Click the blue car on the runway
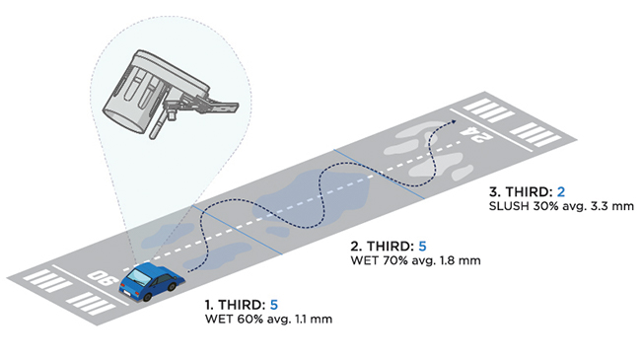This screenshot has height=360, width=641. [151, 281]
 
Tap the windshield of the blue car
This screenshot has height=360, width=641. [140, 277]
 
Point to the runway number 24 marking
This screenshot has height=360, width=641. [475, 134]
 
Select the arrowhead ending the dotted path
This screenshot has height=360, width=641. [453, 121]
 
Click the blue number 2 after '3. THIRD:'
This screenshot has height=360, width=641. [561, 191]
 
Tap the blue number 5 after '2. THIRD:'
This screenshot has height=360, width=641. [422, 246]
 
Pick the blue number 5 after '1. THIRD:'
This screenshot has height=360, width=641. [274, 305]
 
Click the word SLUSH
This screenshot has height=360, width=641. [509, 206]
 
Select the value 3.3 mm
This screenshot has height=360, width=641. [612, 206]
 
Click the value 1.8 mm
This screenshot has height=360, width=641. [461, 260]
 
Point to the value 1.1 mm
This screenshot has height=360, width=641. [314, 320]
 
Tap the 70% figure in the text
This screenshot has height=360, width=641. [395, 260]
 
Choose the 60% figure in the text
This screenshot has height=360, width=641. [249, 320]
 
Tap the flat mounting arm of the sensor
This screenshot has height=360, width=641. [213, 104]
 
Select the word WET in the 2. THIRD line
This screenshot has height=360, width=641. [364, 260]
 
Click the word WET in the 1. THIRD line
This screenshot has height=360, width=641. [219, 320]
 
